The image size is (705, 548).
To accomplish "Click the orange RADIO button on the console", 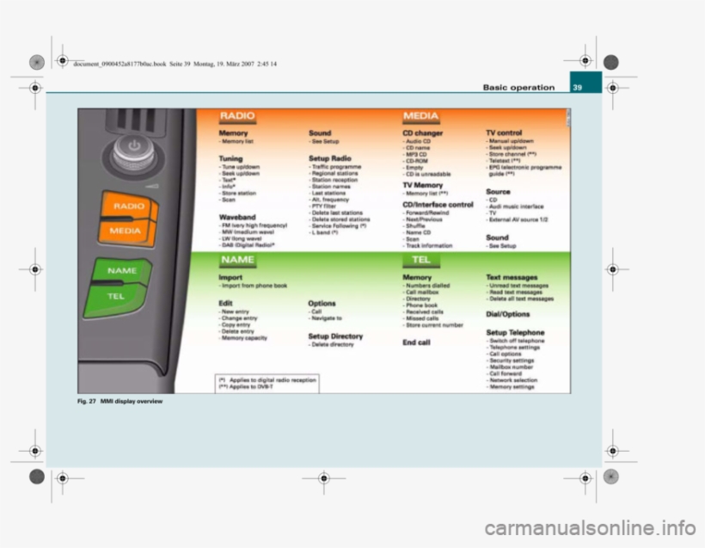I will (x=128, y=207).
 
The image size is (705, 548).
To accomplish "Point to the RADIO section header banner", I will (x=237, y=115).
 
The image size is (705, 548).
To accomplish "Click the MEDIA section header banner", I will (x=420, y=115).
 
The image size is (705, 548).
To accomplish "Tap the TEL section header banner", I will (x=420, y=259).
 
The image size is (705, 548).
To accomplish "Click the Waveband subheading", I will (x=237, y=218).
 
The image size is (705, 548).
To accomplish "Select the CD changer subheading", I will (x=423, y=133).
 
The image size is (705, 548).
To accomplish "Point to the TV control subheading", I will (x=504, y=133).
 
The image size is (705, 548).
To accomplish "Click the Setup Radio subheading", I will (x=330, y=159).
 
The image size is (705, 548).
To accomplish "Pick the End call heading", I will (x=417, y=342).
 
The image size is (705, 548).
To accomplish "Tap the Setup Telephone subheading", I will (x=515, y=332).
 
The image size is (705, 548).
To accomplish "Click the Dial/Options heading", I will (x=507, y=314).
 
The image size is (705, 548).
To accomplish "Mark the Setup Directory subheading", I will (x=335, y=336).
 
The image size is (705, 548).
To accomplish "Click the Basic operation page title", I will (x=518, y=87).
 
